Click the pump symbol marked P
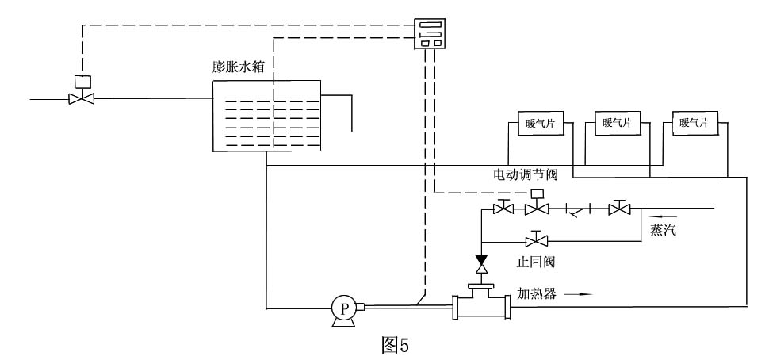pyautogui.click(x=343, y=308)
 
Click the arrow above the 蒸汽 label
pyautogui.click(x=664, y=215)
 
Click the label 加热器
pyautogui.click(x=538, y=293)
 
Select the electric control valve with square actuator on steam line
pyautogui.click(x=537, y=209)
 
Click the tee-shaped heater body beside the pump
pyautogui.click(x=481, y=306)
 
